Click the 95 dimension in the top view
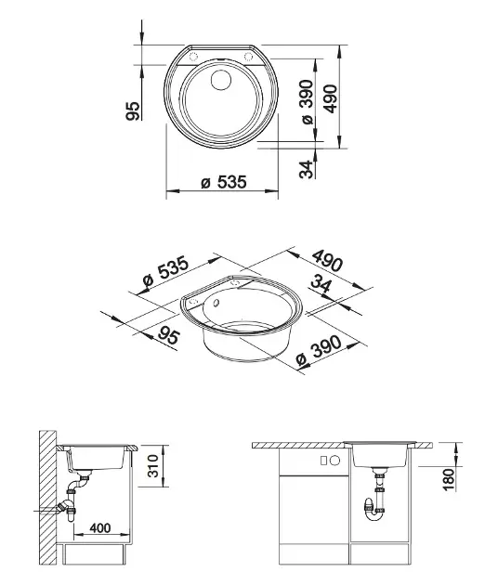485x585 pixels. click(133, 111)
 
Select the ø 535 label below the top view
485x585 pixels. click(224, 182)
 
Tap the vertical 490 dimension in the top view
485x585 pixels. click(331, 98)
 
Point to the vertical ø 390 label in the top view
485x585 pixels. click(307, 102)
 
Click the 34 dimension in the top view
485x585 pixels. click(306, 169)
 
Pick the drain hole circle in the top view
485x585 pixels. click(221, 79)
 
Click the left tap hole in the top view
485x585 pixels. click(193, 57)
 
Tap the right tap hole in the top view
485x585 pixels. click(247, 57)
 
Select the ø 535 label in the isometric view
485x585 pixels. click(166, 274)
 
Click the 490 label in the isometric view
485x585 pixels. click(327, 260)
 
